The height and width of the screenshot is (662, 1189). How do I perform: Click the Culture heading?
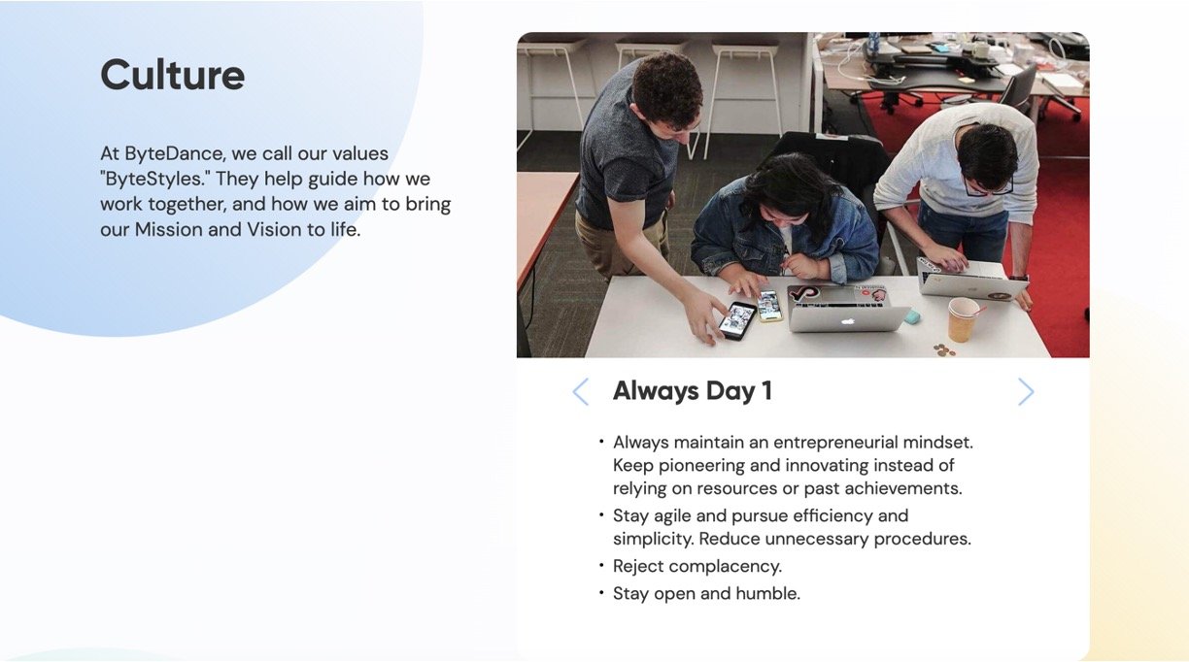(173, 75)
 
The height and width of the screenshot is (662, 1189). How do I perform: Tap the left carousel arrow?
(580, 392)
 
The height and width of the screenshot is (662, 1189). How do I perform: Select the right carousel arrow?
(1026, 392)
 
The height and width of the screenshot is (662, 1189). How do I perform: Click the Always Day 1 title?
(693, 391)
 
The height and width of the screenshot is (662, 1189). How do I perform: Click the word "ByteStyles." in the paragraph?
(155, 180)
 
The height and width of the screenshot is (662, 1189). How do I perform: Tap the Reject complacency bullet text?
(697, 567)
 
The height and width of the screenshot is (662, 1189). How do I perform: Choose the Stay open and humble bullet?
(706, 594)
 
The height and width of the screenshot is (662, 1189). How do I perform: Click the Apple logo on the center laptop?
(848, 321)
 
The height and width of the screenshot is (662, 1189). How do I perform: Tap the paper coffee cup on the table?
(963, 319)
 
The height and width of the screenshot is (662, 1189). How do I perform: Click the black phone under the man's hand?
(736, 320)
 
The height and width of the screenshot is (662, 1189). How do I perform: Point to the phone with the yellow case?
(769, 306)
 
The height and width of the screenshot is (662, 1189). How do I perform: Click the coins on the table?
(944, 349)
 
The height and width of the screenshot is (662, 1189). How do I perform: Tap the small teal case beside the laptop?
(912, 317)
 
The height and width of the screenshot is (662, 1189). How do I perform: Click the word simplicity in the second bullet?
(654, 540)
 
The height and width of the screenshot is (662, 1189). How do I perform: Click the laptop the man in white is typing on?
(972, 279)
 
